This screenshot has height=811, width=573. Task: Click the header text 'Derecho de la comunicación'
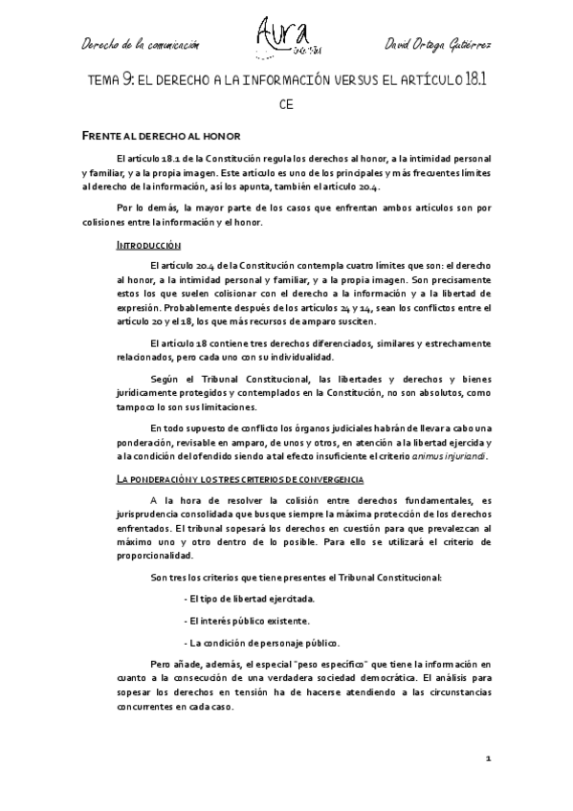click(141, 44)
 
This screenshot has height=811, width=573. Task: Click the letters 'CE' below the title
click(286, 104)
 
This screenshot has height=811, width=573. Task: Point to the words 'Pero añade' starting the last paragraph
click(176, 662)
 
